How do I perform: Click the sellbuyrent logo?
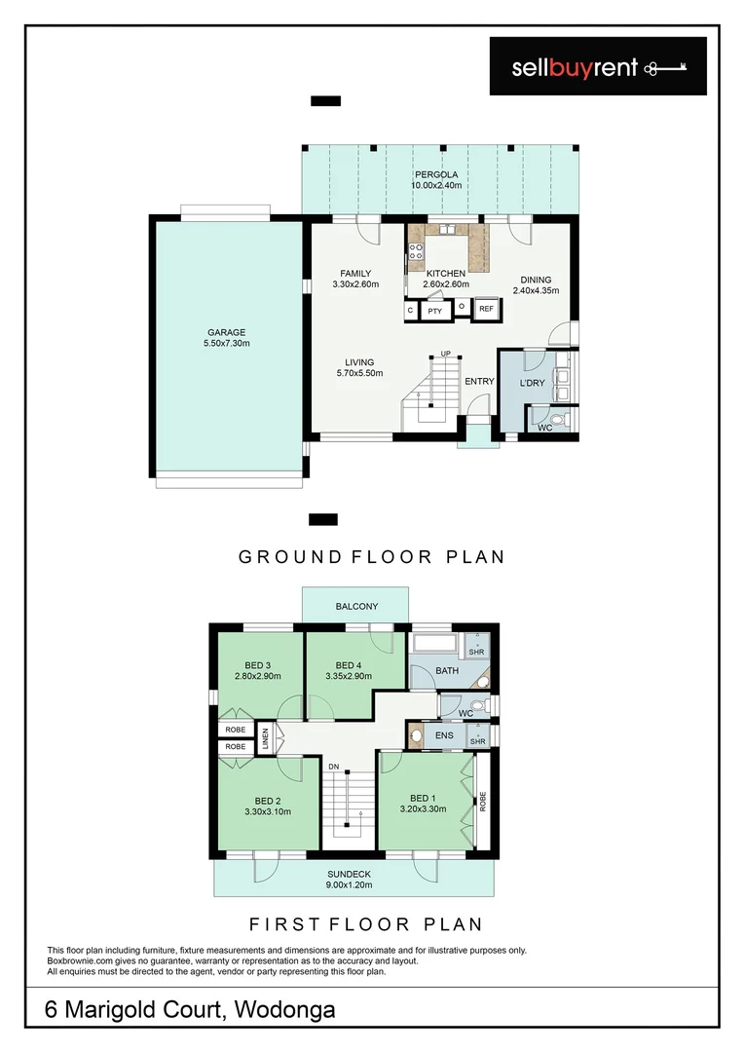pos(598,66)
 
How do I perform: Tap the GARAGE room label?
pos(226,332)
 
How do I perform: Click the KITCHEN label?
pos(446,274)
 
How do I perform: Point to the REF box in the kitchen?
pos(486,310)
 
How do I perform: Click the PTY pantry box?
pos(434,311)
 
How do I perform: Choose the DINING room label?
pos(535,280)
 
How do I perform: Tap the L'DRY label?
pos(532,383)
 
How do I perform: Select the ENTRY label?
pos(479,381)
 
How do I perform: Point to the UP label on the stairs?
pos(445,354)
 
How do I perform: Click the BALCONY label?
pos(356,606)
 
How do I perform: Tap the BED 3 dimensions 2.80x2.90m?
pos(257,675)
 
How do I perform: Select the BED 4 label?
pos(348,665)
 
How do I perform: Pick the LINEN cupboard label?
pos(265,737)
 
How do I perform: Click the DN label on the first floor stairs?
pos(333,767)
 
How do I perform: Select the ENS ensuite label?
pos(445,736)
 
